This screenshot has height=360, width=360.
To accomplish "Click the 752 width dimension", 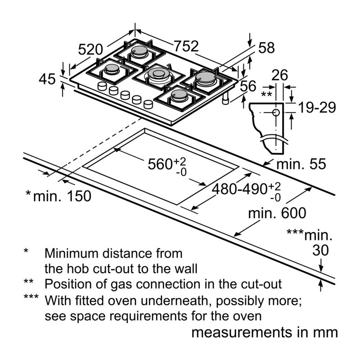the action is [x=186, y=46].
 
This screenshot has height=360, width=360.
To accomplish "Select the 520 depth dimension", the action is [x=90, y=49].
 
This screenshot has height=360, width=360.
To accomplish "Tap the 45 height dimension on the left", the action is [x=47, y=79].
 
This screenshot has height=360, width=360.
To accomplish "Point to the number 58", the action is [x=266, y=48].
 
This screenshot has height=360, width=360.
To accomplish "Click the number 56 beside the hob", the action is [x=248, y=86].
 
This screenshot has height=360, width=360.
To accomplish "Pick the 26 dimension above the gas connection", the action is [x=279, y=75].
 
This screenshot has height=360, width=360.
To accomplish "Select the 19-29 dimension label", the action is [x=317, y=107].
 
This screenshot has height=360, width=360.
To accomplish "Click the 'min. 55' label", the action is [x=301, y=164].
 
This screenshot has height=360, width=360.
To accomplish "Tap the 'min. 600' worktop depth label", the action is [x=277, y=213].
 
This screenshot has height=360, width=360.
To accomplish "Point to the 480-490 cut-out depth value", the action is [x=240, y=189].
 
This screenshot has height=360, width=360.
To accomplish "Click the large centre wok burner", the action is [x=158, y=75].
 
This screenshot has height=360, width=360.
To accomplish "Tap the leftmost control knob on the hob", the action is [x=102, y=86].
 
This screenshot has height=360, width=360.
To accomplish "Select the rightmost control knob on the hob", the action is [x=148, y=104].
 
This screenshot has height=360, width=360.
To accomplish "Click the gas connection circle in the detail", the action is [x=276, y=112].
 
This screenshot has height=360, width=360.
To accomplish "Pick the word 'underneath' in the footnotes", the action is [x=174, y=301].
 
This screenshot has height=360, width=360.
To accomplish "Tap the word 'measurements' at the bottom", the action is [x=241, y=333].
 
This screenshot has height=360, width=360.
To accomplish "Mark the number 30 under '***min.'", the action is [x=320, y=250].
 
